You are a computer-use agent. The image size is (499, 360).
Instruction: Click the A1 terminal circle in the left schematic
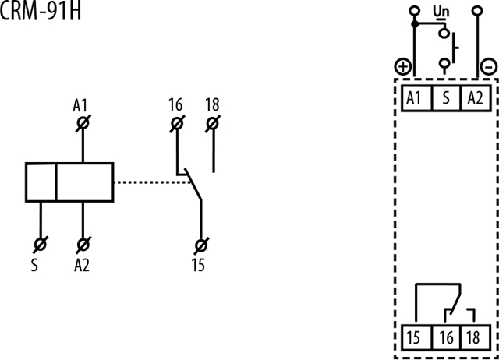83,123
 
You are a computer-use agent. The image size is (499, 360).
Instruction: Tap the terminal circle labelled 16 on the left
177,123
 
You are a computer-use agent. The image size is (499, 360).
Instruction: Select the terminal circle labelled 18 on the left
213,123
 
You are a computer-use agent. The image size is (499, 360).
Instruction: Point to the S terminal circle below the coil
41,245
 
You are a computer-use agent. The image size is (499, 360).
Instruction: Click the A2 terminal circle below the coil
83,245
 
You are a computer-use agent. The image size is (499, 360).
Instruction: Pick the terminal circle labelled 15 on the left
201,245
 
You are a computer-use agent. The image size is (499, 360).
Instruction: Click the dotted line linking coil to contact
153,182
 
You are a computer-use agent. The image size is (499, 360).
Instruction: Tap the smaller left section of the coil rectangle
41,182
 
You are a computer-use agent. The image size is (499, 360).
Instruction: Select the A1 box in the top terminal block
416,98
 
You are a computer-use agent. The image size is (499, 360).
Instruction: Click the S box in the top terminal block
446,98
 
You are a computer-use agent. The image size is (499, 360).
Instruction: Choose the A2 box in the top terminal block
476,98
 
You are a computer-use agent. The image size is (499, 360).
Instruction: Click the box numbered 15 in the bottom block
416,337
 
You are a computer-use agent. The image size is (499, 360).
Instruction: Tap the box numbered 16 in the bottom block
446,337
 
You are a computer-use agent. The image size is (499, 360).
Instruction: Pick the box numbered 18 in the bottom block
476,337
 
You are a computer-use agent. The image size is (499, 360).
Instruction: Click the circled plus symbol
403,67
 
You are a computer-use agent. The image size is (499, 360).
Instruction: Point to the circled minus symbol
489,67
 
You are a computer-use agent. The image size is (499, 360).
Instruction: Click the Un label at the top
441,12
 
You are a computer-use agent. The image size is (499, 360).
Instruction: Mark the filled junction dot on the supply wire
414,24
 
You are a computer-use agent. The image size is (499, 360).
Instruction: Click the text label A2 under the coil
82,265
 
